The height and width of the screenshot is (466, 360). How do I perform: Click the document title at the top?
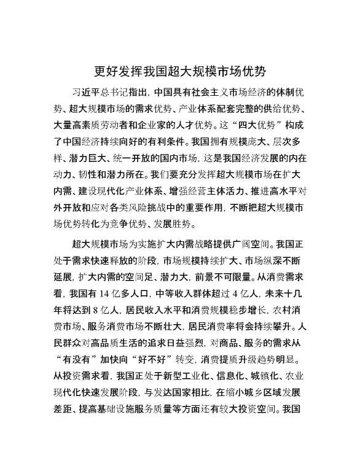click(179, 70)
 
